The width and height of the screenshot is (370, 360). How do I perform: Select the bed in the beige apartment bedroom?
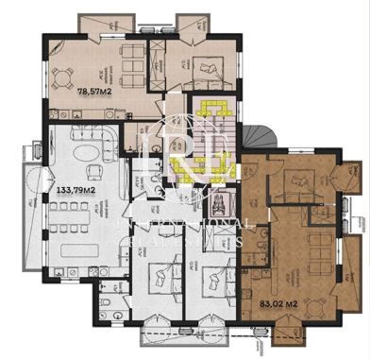click(x=204, y=66)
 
